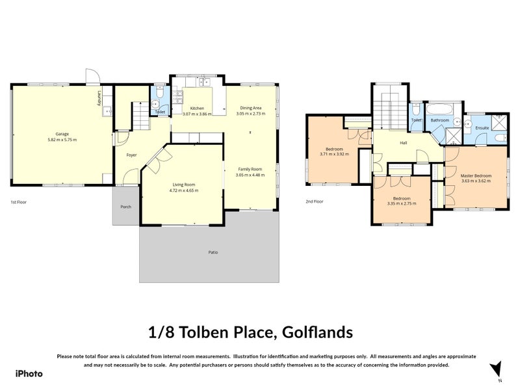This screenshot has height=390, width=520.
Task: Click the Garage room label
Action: pyautogui.click(x=62, y=134)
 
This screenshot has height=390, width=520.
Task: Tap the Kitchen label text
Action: pyautogui.click(x=197, y=108)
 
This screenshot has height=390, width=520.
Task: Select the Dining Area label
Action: pyautogui.click(x=251, y=108)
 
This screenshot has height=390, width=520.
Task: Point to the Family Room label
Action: pyautogui.click(x=250, y=169)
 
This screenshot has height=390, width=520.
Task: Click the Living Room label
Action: pyautogui.click(x=183, y=185)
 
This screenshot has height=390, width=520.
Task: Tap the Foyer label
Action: pyautogui.click(x=131, y=155)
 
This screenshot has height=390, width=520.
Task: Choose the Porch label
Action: pyautogui.click(x=125, y=207)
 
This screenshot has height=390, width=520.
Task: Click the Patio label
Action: pyautogui.click(x=213, y=252)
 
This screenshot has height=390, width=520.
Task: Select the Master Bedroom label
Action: pyautogui.click(x=476, y=175)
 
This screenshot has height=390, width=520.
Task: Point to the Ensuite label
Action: pyautogui.click(x=482, y=128)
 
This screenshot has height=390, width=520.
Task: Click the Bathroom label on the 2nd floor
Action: pyautogui.click(x=440, y=120)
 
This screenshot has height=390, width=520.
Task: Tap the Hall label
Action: pyautogui.click(x=403, y=143)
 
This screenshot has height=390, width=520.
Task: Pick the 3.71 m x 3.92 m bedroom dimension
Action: pyautogui.click(x=334, y=154)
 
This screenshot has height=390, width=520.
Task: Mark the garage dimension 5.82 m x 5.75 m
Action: pyautogui.click(x=62, y=140)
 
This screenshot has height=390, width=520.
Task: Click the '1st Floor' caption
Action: pyautogui.click(x=18, y=202)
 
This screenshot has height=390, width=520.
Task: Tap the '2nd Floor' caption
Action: pyautogui.click(x=314, y=201)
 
